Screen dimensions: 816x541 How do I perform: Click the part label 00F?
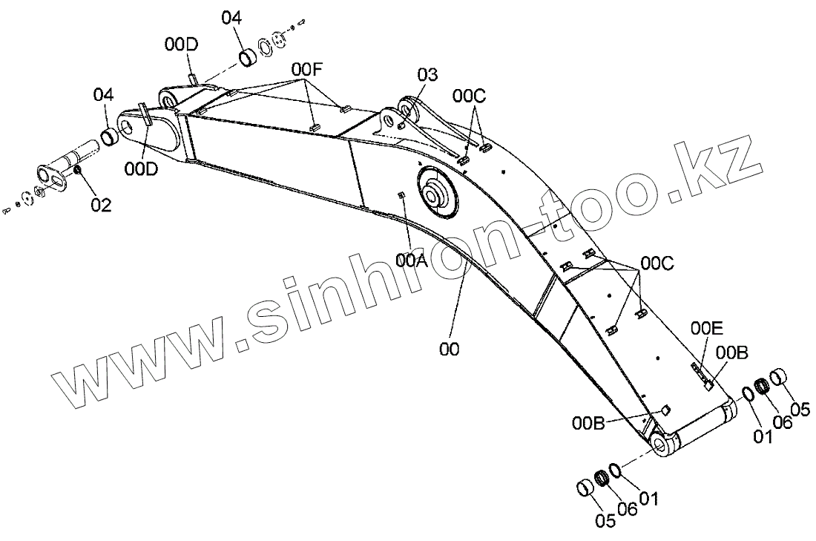click(x=307, y=70)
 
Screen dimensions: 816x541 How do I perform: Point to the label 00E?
click(x=707, y=328)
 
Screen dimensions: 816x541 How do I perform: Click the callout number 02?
click(x=102, y=204)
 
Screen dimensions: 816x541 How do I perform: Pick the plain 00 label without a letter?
click(x=450, y=348)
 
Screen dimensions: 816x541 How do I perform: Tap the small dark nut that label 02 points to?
click(x=78, y=174)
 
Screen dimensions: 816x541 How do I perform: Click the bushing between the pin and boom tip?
click(x=110, y=137)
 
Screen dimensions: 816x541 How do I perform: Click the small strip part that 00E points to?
click(x=697, y=368)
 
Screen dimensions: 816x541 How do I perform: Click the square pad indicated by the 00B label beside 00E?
click(x=708, y=384)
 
